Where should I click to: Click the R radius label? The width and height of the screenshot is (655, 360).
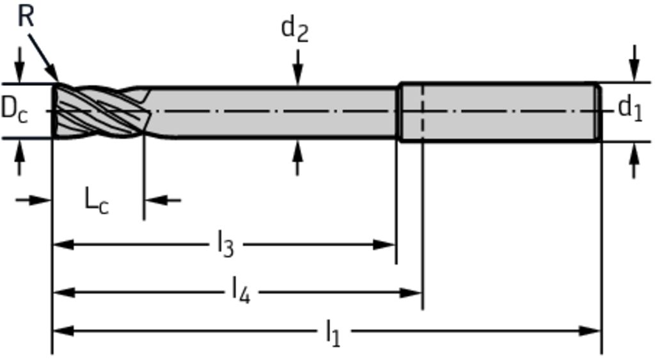click(x=26, y=17)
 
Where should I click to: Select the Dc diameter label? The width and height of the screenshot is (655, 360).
click(x=14, y=110)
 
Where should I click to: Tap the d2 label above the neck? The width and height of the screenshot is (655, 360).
click(x=295, y=29)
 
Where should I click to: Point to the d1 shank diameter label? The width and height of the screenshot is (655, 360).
click(x=630, y=109)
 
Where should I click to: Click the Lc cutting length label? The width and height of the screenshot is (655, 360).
click(x=97, y=201)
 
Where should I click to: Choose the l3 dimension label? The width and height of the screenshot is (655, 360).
click(x=225, y=245)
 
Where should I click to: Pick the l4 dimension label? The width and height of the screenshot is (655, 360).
click(x=241, y=292)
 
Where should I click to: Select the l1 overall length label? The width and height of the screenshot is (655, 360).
click(x=333, y=333)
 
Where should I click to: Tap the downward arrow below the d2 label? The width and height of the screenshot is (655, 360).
click(x=297, y=68)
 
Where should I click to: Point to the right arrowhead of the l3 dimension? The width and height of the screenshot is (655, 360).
click(x=384, y=245)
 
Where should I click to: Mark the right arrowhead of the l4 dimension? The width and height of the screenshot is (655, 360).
click(x=411, y=292)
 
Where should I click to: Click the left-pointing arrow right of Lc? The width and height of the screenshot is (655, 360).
click(x=162, y=201)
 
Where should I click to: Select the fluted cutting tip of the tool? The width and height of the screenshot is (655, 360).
click(x=100, y=111)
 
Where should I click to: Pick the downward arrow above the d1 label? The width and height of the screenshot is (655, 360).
click(x=635, y=63)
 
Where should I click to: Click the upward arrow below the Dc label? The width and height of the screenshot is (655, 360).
click(x=19, y=157)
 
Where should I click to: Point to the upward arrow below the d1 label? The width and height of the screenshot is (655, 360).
click(x=635, y=160)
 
